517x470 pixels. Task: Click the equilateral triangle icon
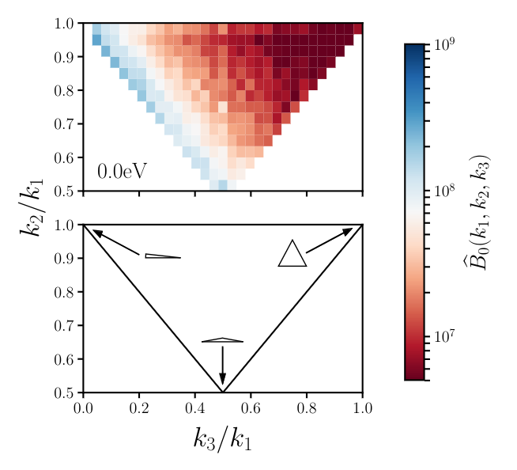pos(292,255)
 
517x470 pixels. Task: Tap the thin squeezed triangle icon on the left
pos(162,256)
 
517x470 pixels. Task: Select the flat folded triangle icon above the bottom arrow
pos(222,341)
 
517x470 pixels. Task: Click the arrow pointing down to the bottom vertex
pos(222,366)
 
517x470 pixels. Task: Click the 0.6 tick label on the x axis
pos(251,408)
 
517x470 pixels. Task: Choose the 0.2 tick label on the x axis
pos(138,408)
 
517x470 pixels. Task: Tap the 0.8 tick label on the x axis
pos(307,408)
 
